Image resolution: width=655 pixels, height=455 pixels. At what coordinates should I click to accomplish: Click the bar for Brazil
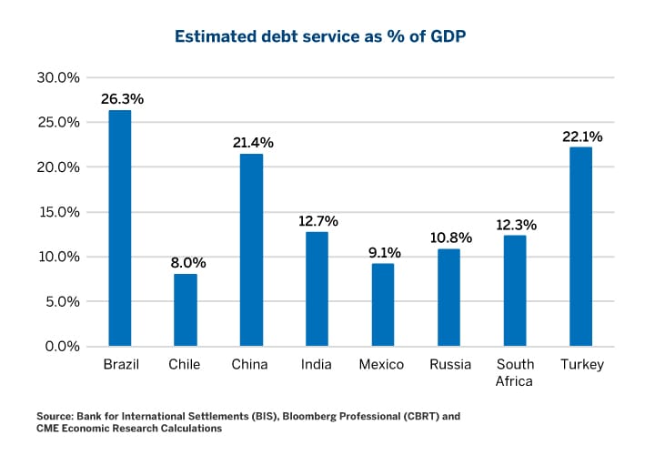[x=120, y=228]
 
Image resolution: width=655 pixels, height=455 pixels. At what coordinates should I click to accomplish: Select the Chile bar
[x=186, y=310]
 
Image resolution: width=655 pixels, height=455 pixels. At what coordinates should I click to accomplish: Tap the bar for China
[x=251, y=250]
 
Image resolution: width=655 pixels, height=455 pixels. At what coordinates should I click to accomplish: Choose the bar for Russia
[x=449, y=298]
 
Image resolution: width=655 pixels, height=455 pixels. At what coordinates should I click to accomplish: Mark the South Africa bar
[x=515, y=291]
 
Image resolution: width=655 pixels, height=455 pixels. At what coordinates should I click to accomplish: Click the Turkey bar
[x=581, y=247]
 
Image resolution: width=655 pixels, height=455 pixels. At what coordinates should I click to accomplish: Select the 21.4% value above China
[x=251, y=142]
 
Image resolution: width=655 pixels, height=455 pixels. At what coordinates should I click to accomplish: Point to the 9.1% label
[x=384, y=252]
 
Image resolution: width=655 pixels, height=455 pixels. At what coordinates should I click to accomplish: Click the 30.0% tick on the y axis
[x=57, y=77]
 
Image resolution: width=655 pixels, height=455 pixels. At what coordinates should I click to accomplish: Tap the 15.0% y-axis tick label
[x=57, y=212]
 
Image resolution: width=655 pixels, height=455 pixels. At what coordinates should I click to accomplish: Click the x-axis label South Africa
[x=515, y=373]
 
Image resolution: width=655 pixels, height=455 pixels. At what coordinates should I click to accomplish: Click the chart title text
[x=327, y=37]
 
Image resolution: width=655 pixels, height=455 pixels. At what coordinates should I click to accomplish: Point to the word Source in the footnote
[x=56, y=416]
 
